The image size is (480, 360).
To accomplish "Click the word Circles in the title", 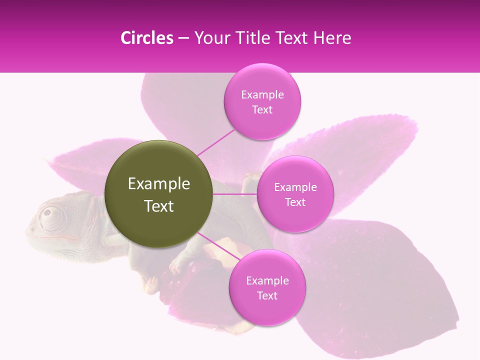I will coord(146,38).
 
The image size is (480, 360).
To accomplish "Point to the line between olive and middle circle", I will coord(235,194).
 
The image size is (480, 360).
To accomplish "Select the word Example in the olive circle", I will coord(159,184).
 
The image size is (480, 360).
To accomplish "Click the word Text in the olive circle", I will coord(159,206).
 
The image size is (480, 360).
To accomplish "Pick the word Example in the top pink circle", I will coord(262,94).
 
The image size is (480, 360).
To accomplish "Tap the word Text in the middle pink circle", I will coord(295,202).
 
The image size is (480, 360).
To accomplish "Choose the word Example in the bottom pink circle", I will coord(267,280).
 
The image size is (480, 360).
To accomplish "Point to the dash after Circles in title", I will coord(183,38).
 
